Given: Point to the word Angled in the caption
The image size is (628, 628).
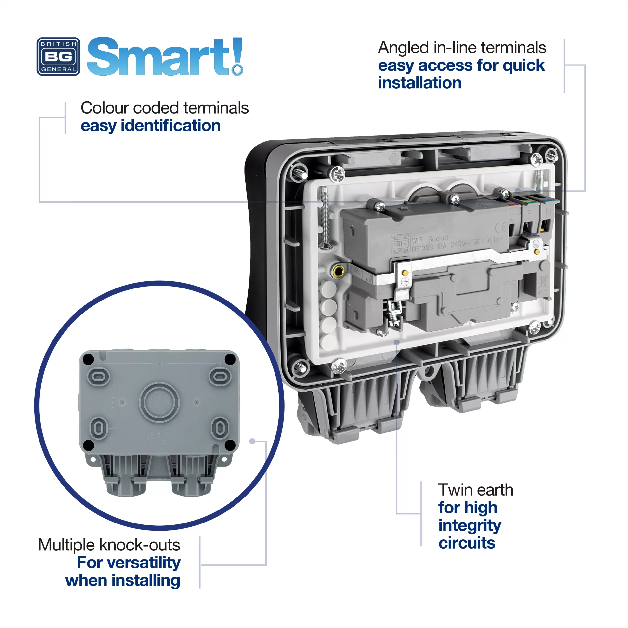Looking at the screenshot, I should tap(403, 48).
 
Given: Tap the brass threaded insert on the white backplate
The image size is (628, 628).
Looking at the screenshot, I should tap(338, 270).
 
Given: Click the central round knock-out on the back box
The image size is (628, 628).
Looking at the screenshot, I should tap(159, 402).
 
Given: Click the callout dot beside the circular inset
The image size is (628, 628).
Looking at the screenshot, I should tap(252, 441).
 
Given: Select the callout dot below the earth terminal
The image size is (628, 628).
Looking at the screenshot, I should tap(397, 342).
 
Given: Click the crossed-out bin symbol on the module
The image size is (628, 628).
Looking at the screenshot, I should tap(542, 281).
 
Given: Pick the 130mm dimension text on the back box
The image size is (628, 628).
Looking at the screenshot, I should tap(159, 363).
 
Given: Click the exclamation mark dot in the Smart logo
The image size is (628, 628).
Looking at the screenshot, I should tap(238, 70).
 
